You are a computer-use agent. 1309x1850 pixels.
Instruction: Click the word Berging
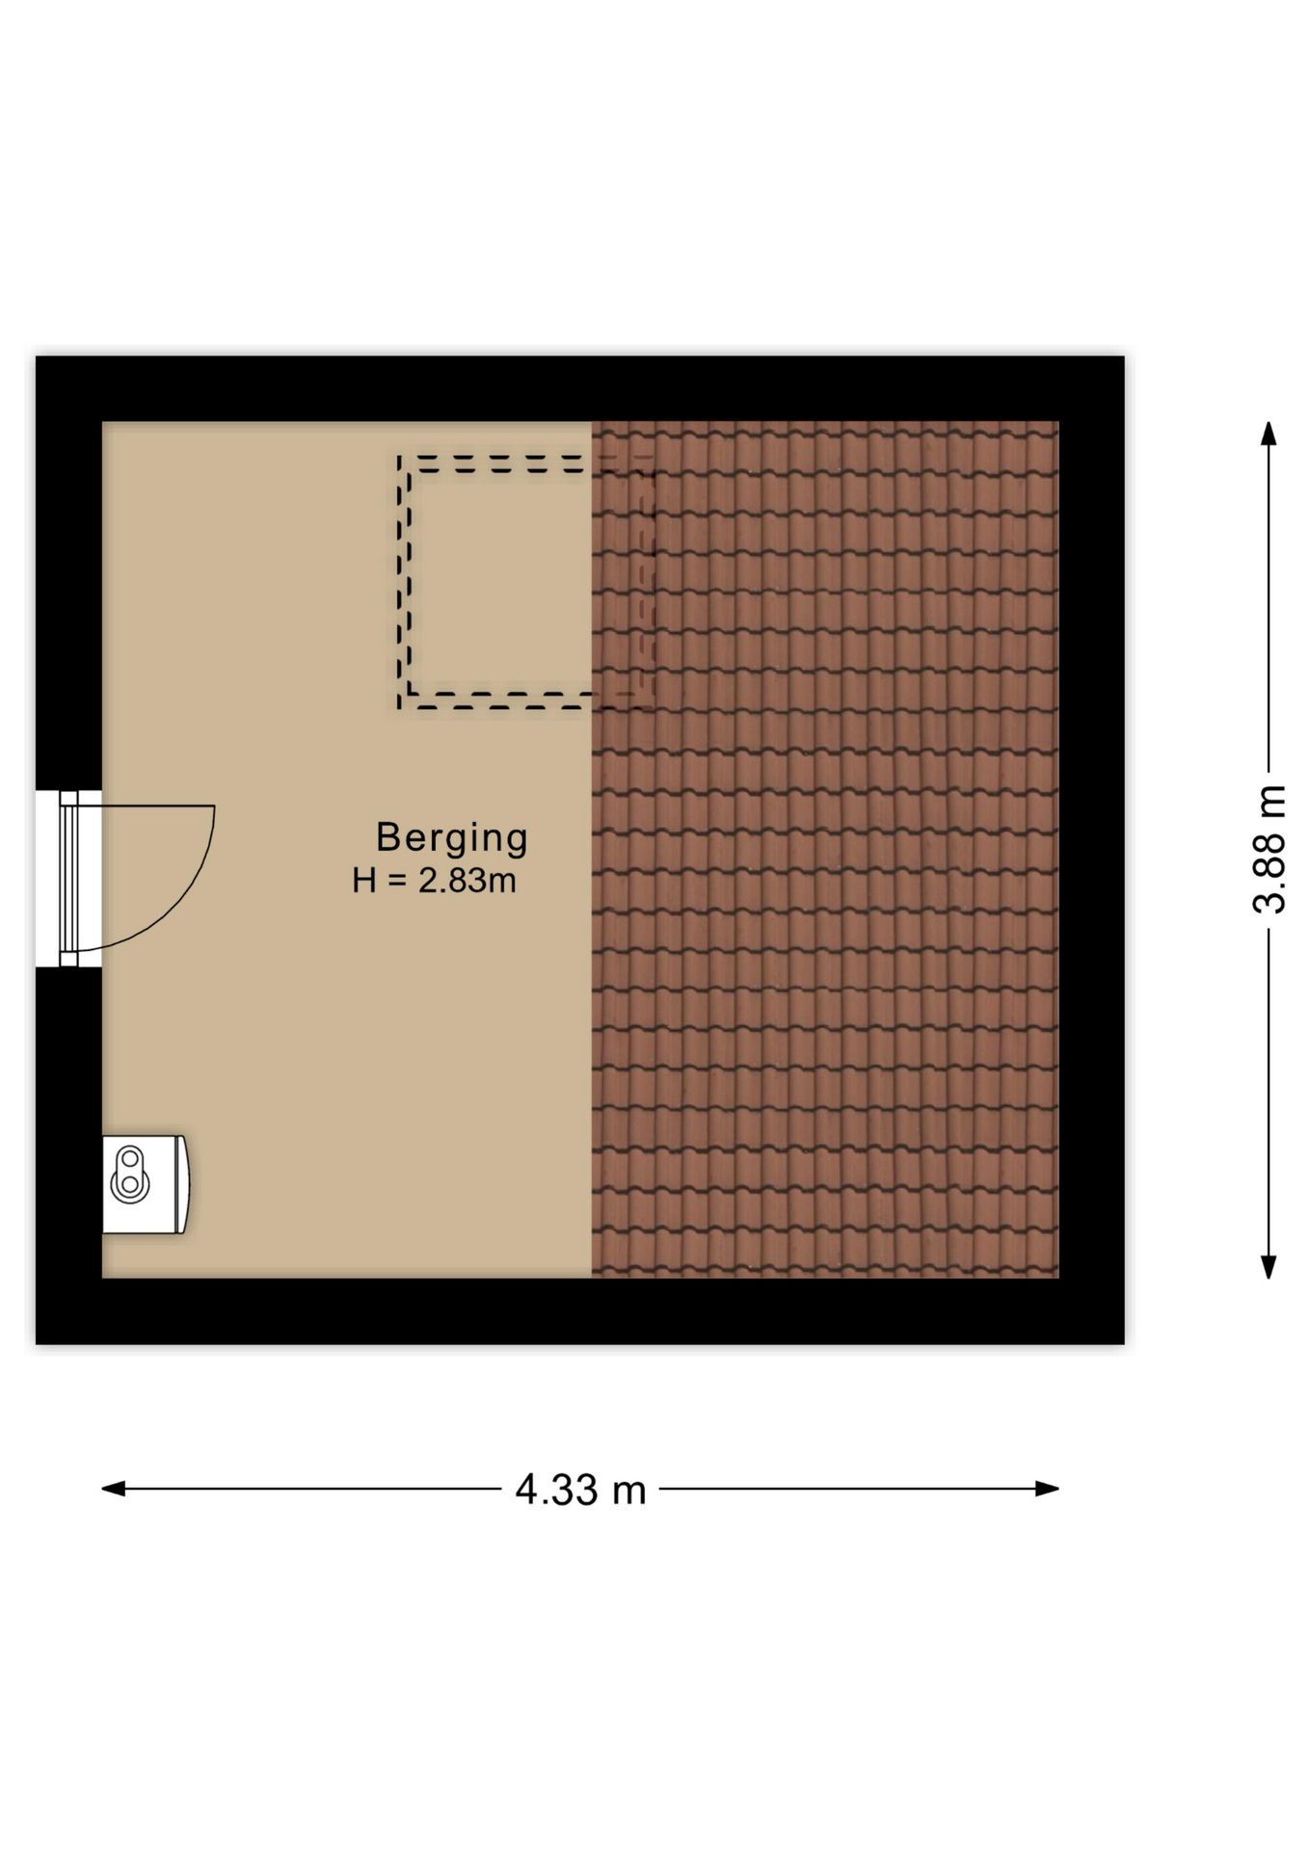click(x=451, y=837)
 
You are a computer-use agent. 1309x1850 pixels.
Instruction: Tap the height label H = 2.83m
click(x=435, y=881)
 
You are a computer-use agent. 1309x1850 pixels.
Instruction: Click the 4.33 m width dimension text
click(x=580, y=1490)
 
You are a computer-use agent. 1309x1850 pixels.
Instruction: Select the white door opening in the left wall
click(x=48, y=878)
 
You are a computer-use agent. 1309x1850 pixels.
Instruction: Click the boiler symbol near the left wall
click(x=145, y=1184)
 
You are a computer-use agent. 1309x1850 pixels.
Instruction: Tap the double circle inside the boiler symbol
click(x=129, y=1173)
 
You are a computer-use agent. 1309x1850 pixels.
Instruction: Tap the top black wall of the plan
click(x=579, y=388)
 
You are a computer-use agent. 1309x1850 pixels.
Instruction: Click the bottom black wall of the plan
click(x=579, y=1311)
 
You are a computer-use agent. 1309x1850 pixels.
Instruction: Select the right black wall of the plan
click(x=1091, y=849)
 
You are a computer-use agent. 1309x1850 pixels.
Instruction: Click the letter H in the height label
click(x=363, y=881)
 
